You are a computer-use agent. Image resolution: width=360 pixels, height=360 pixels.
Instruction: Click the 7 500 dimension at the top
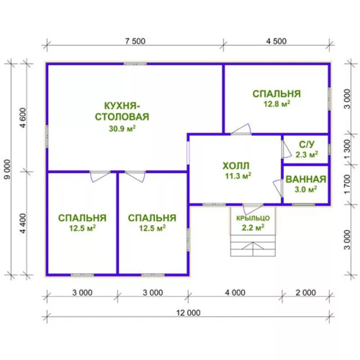pyautogui.click(x=135, y=41)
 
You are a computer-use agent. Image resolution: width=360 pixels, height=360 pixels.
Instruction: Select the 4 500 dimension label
pyautogui.click(x=276, y=41)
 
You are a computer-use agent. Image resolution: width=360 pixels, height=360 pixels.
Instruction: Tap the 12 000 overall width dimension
pyautogui.click(x=188, y=313)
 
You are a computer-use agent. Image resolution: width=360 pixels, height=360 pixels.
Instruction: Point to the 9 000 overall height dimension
pyautogui.click(x=7, y=170)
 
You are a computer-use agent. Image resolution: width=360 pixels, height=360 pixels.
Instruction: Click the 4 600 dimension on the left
pyautogui.click(x=23, y=118)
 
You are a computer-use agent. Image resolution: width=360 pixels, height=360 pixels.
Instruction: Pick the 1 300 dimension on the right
pyautogui.click(x=347, y=149)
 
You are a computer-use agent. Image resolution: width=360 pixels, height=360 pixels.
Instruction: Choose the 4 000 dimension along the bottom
pyautogui.click(x=235, y=292)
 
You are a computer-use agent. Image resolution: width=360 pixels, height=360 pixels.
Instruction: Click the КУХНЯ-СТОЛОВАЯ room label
pyautogui.click(x=122, y=111)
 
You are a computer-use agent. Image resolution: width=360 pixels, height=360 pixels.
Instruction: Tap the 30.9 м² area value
pyautogui.click(x=122, y=128)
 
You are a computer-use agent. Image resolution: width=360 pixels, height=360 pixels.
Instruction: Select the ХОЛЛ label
pyautogui.click(x=236, y=166)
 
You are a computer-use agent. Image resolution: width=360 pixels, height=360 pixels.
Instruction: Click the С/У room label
pyautogui.click(x=307, y=144)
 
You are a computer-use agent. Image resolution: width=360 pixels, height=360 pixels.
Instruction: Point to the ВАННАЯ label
pyautogui.click(x=306, y=179)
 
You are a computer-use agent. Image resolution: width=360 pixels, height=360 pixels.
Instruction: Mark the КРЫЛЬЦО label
pyautogui.click(x=253, y=218)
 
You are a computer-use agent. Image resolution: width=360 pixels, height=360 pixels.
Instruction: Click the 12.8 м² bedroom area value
pyautogui.click(x=277, y=104)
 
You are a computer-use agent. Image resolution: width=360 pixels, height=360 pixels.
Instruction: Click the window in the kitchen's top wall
pyautogui.click(x=135, y=64)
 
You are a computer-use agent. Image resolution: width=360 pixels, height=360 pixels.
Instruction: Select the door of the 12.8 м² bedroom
pyautogui.click(x=241, y=129)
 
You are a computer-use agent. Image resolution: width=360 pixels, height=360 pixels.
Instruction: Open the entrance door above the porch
pyautogui.click(x=253, y=209)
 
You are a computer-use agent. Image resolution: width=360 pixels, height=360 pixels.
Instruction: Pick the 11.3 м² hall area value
pyautogui.click(x=238, y=176)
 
